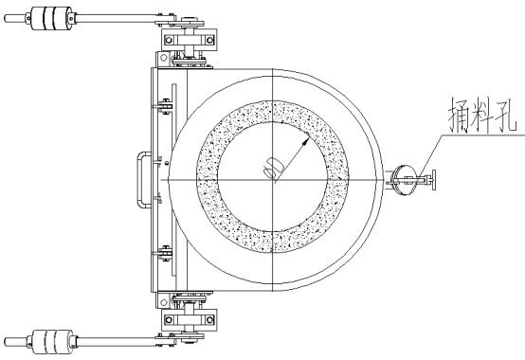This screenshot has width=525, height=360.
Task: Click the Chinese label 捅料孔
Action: (x=482, y=115)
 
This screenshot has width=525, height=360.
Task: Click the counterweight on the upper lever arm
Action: (x=51, y=18)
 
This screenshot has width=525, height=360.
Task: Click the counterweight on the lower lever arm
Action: (x=52, y=342)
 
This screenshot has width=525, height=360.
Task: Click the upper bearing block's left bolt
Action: (x=169, y=40)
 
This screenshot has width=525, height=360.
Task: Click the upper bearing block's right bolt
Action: (x=209, y=40)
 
